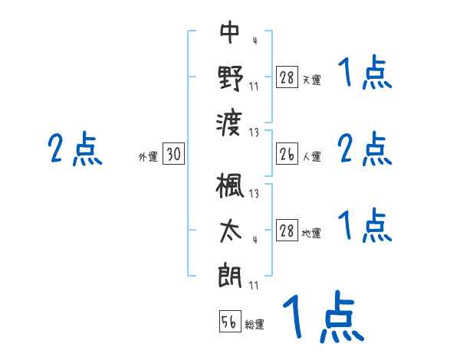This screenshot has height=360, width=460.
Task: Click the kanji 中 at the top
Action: [230, 33]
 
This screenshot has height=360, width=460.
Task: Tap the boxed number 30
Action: [173, 155]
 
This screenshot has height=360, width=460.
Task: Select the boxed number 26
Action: [287, 155]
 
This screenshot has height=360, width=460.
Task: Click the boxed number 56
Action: [230, 322]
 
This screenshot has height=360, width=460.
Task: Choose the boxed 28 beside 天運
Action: [287, 78]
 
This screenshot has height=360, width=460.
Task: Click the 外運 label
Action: [147, 157]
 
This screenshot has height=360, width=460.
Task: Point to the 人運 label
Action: [311, 157]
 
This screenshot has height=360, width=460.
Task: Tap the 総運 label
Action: [255, 325]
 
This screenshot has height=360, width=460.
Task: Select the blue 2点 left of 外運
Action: [74, 149]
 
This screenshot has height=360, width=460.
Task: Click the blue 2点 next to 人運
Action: [364, 149]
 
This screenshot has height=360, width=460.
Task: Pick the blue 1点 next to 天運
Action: [364, 76]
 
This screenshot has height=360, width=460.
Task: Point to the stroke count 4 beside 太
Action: [254, 240]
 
